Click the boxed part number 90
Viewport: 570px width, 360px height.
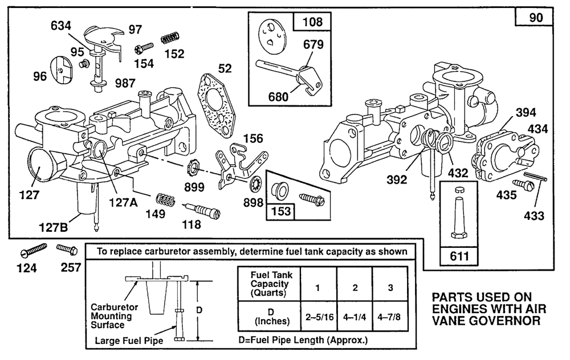click(x=534, y=18)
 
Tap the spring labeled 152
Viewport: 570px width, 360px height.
click(x=168, y=39)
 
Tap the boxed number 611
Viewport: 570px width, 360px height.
click(x=459, y=256)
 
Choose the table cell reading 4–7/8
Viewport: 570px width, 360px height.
click(x=390, y=314)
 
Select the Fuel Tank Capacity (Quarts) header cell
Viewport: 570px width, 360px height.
click(x=268, y=283)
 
